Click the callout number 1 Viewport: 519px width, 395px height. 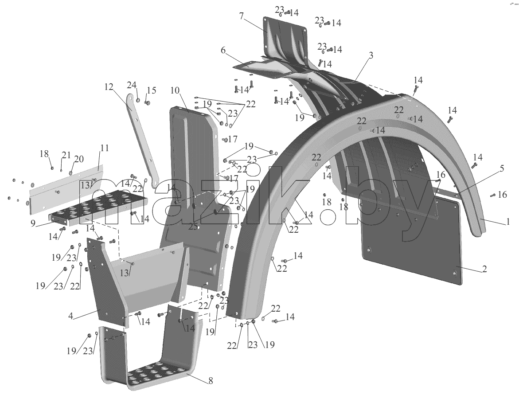tap(508, 222)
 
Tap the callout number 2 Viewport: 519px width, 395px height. tap(484, 269)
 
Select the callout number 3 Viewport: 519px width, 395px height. tap(371, 55)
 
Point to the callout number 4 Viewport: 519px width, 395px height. tap(70, 316)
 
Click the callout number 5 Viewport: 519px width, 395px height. tap(502, 168)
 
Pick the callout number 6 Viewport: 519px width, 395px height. tap(223, 51)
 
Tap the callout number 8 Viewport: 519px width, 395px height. tap(211, 381)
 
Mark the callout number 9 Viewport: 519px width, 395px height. tap(33, 223)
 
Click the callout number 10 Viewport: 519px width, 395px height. tap(176, 90)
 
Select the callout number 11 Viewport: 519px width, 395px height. tap(105, 148)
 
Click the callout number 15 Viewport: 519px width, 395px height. tap(152, 90)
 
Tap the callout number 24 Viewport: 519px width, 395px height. tap(132, 86)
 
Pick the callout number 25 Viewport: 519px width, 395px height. tap(193, 227)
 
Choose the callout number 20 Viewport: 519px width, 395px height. tap(79, 159)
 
